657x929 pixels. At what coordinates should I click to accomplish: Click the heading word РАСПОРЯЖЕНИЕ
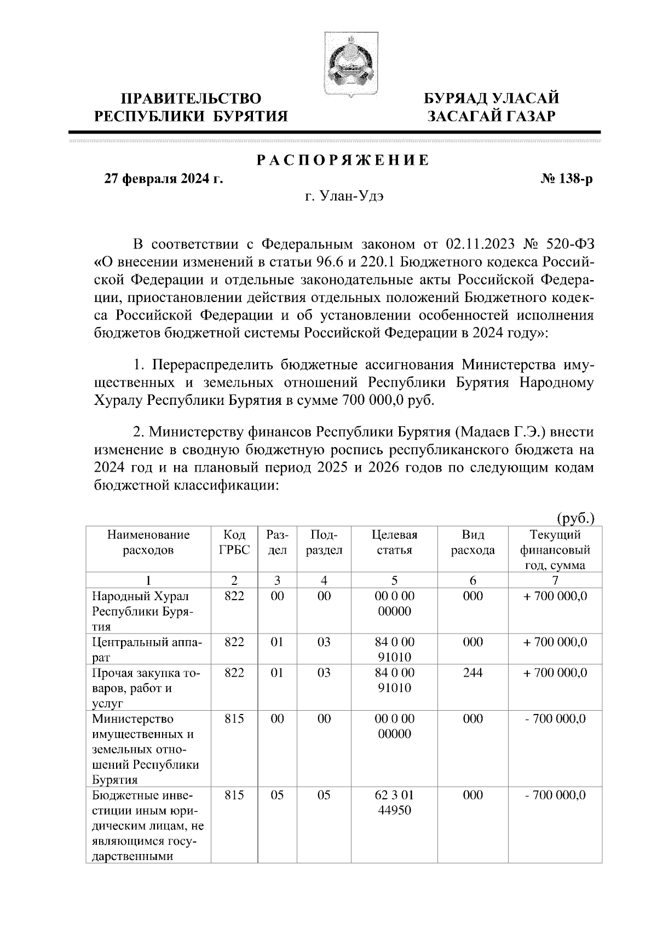(x=343, y=160)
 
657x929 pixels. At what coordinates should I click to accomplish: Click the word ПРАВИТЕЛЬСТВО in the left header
(x=191, y=98)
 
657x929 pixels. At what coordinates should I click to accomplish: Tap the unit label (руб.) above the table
(x=575, y=518)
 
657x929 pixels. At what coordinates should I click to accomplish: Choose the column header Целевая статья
(x=394, y=542)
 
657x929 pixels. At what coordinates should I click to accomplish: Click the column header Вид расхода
(x=472, y=542)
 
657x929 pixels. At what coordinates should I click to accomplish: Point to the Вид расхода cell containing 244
(x=472, y=672)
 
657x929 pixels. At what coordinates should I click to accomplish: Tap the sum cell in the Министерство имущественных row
(x=555, y=718)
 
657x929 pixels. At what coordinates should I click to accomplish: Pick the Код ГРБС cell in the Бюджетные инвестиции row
(x=234, y=795)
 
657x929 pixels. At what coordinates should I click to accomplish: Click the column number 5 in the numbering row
(x=394, y=580)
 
